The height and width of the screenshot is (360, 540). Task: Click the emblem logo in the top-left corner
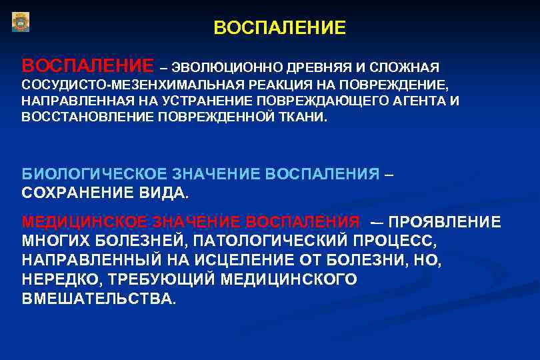pos(21,22)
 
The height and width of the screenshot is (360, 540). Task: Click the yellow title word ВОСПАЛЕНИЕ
pos(280,28)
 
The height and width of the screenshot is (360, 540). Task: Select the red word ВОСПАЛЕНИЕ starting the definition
pos(87,66)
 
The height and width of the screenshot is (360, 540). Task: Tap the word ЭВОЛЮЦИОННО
pos(227,67)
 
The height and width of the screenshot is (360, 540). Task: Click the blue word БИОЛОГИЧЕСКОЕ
pos(95,174)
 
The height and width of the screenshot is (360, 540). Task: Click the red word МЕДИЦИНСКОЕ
pos(85,222)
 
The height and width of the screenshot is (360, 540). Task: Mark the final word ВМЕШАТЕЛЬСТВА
pos(99,299)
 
